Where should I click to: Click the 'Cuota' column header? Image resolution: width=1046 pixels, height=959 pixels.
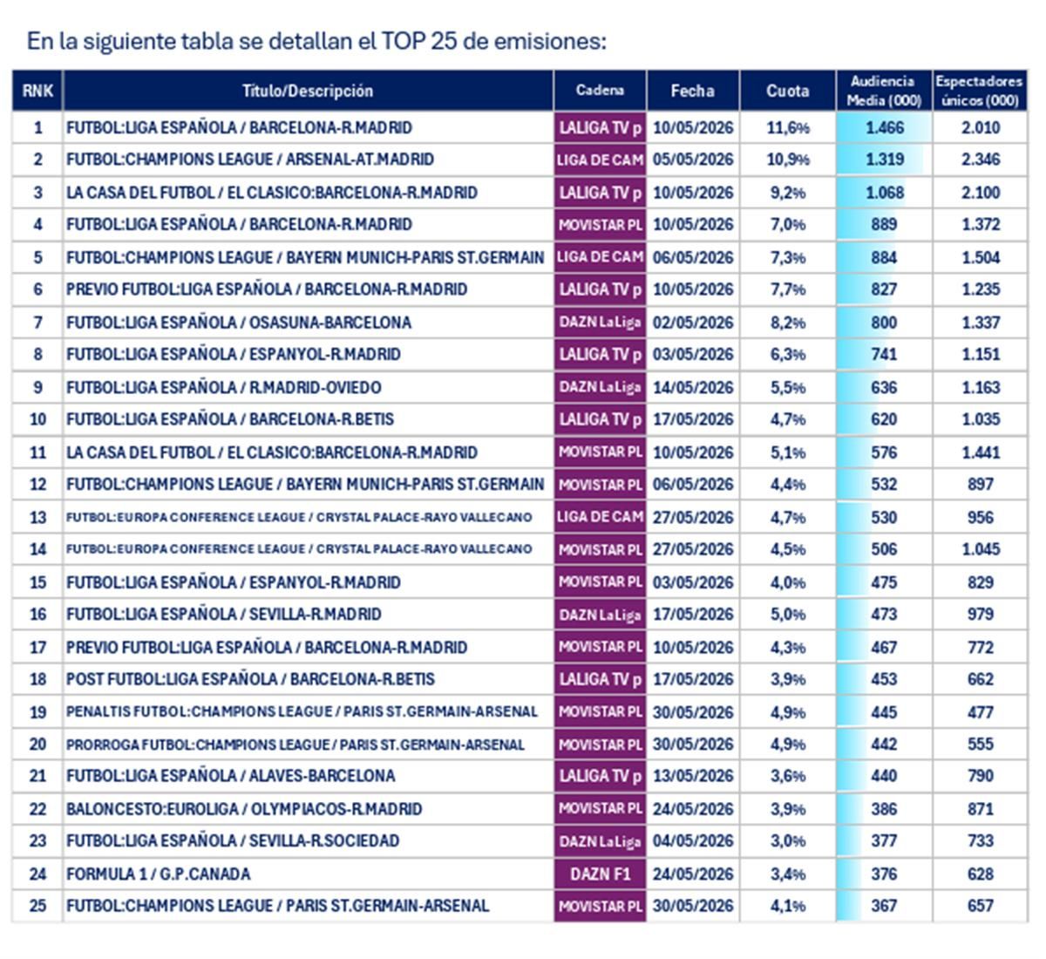[x=787, y=91]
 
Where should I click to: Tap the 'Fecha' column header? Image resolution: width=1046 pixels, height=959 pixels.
[x=692, y=91]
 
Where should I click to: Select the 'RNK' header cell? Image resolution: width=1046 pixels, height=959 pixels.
[x=37, y=91]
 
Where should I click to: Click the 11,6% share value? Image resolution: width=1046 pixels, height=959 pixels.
[x=788, y=128]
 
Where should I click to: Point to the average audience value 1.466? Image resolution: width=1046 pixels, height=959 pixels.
[x=885, y=128]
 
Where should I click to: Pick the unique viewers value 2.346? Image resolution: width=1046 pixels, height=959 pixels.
[x=981, y=160]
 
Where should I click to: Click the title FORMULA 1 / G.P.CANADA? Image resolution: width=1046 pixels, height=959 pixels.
[x=158, y=874]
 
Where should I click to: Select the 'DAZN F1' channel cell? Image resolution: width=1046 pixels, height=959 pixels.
[x=601, y=874]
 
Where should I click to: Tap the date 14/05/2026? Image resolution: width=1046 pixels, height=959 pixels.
[x=693, y=388]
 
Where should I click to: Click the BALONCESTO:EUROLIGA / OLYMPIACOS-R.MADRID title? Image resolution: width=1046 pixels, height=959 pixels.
[x=244, y=809]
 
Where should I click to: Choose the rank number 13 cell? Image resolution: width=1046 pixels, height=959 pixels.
[x=37, y=518]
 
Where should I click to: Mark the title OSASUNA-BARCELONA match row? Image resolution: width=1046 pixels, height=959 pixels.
[x=239, y=323]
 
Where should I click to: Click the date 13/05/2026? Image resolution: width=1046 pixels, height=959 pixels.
[x=693, y=776]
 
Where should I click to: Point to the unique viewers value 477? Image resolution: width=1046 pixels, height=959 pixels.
[x=981, y=712]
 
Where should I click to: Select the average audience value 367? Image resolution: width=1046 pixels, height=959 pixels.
[x=884, y=906]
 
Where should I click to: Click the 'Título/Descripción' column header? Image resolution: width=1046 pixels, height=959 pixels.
[x=308, y=91]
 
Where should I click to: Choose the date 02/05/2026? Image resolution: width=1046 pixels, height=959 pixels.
[x=693, y=323]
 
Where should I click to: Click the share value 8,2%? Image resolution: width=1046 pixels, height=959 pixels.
[x=788, y=323]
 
